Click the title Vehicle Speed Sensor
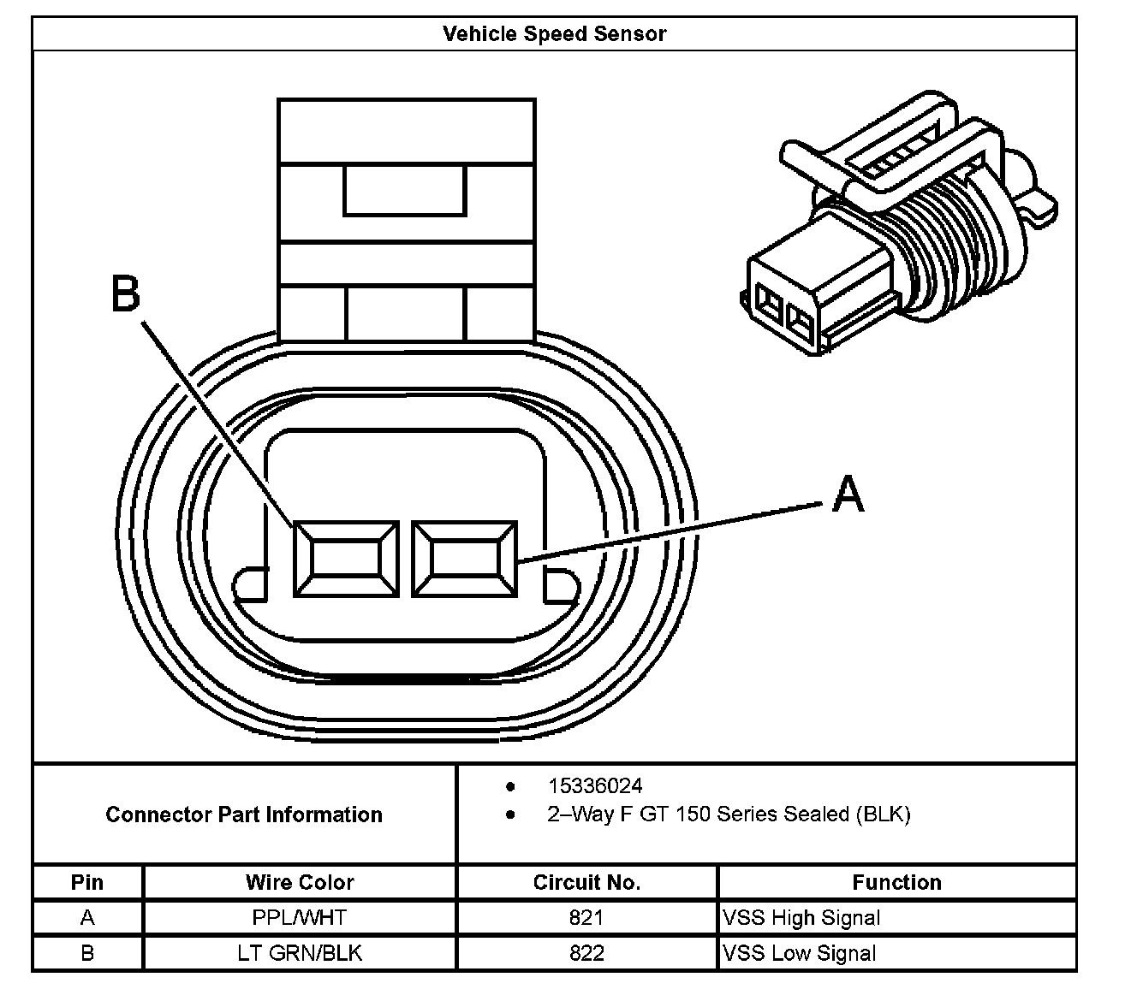554,34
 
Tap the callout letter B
126,293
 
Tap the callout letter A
848,494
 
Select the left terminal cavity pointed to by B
346,560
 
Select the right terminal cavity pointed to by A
465,560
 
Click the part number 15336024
595,785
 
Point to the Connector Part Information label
244,814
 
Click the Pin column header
87,882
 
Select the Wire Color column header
300,882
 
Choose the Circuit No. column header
586,882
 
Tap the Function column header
896,882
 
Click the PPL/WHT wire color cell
300,918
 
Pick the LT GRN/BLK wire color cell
300,953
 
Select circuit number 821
586,918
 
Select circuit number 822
586,953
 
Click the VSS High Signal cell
801,918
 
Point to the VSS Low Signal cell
800,953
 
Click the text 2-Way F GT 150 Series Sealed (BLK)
729,814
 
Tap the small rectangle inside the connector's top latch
405,190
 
